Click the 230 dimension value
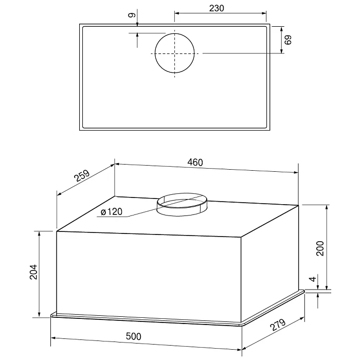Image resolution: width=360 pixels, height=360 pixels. [x=217, y=8]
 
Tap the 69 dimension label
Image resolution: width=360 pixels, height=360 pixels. [x=287, y=40]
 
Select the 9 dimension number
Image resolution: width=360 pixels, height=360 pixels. [x=132, y=15]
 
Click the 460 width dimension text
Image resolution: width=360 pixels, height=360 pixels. [x=195, y=163]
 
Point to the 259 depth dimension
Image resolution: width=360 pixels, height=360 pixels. [x=82, y=176]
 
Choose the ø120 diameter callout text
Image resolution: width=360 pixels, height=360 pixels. [x=112, y=212]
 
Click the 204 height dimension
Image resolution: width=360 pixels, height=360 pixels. [x=33, y=272]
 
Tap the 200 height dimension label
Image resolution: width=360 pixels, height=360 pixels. [x=320, y=248]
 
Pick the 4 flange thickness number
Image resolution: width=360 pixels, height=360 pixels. [x=313, y=279]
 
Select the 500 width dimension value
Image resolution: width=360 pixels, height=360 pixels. [x=134, y=336]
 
